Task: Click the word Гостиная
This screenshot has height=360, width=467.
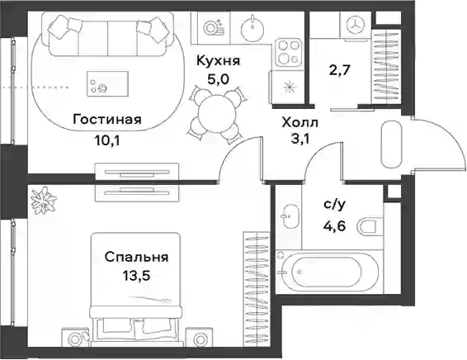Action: coord(107,120)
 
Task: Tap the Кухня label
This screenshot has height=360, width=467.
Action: coord(218,61)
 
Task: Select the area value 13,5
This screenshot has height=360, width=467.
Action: coord(137,276)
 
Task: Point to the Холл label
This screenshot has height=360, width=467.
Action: coord(300,122)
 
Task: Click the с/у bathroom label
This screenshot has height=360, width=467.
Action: coord(334,205)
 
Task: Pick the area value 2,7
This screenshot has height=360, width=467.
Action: coord(341,71)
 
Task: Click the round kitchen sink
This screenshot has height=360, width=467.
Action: coord(252,29)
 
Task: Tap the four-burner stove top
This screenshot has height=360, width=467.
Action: coord(288,53)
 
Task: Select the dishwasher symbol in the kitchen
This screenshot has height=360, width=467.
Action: coord(212,28)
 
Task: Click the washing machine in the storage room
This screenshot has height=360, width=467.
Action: coord(356,24)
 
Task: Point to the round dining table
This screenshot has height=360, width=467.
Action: coord(217,114)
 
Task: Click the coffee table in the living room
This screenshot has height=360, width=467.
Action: coord(107,83)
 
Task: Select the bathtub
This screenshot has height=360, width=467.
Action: coord(327,272)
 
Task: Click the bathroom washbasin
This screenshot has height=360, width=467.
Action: coord(289,216)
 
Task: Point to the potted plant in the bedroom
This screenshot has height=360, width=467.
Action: coord(45,201)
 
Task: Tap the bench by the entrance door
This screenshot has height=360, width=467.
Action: coord(391,145)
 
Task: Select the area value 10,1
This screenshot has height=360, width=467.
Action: coord(107,140)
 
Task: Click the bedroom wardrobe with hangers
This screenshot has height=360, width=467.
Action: coord(257,289)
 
